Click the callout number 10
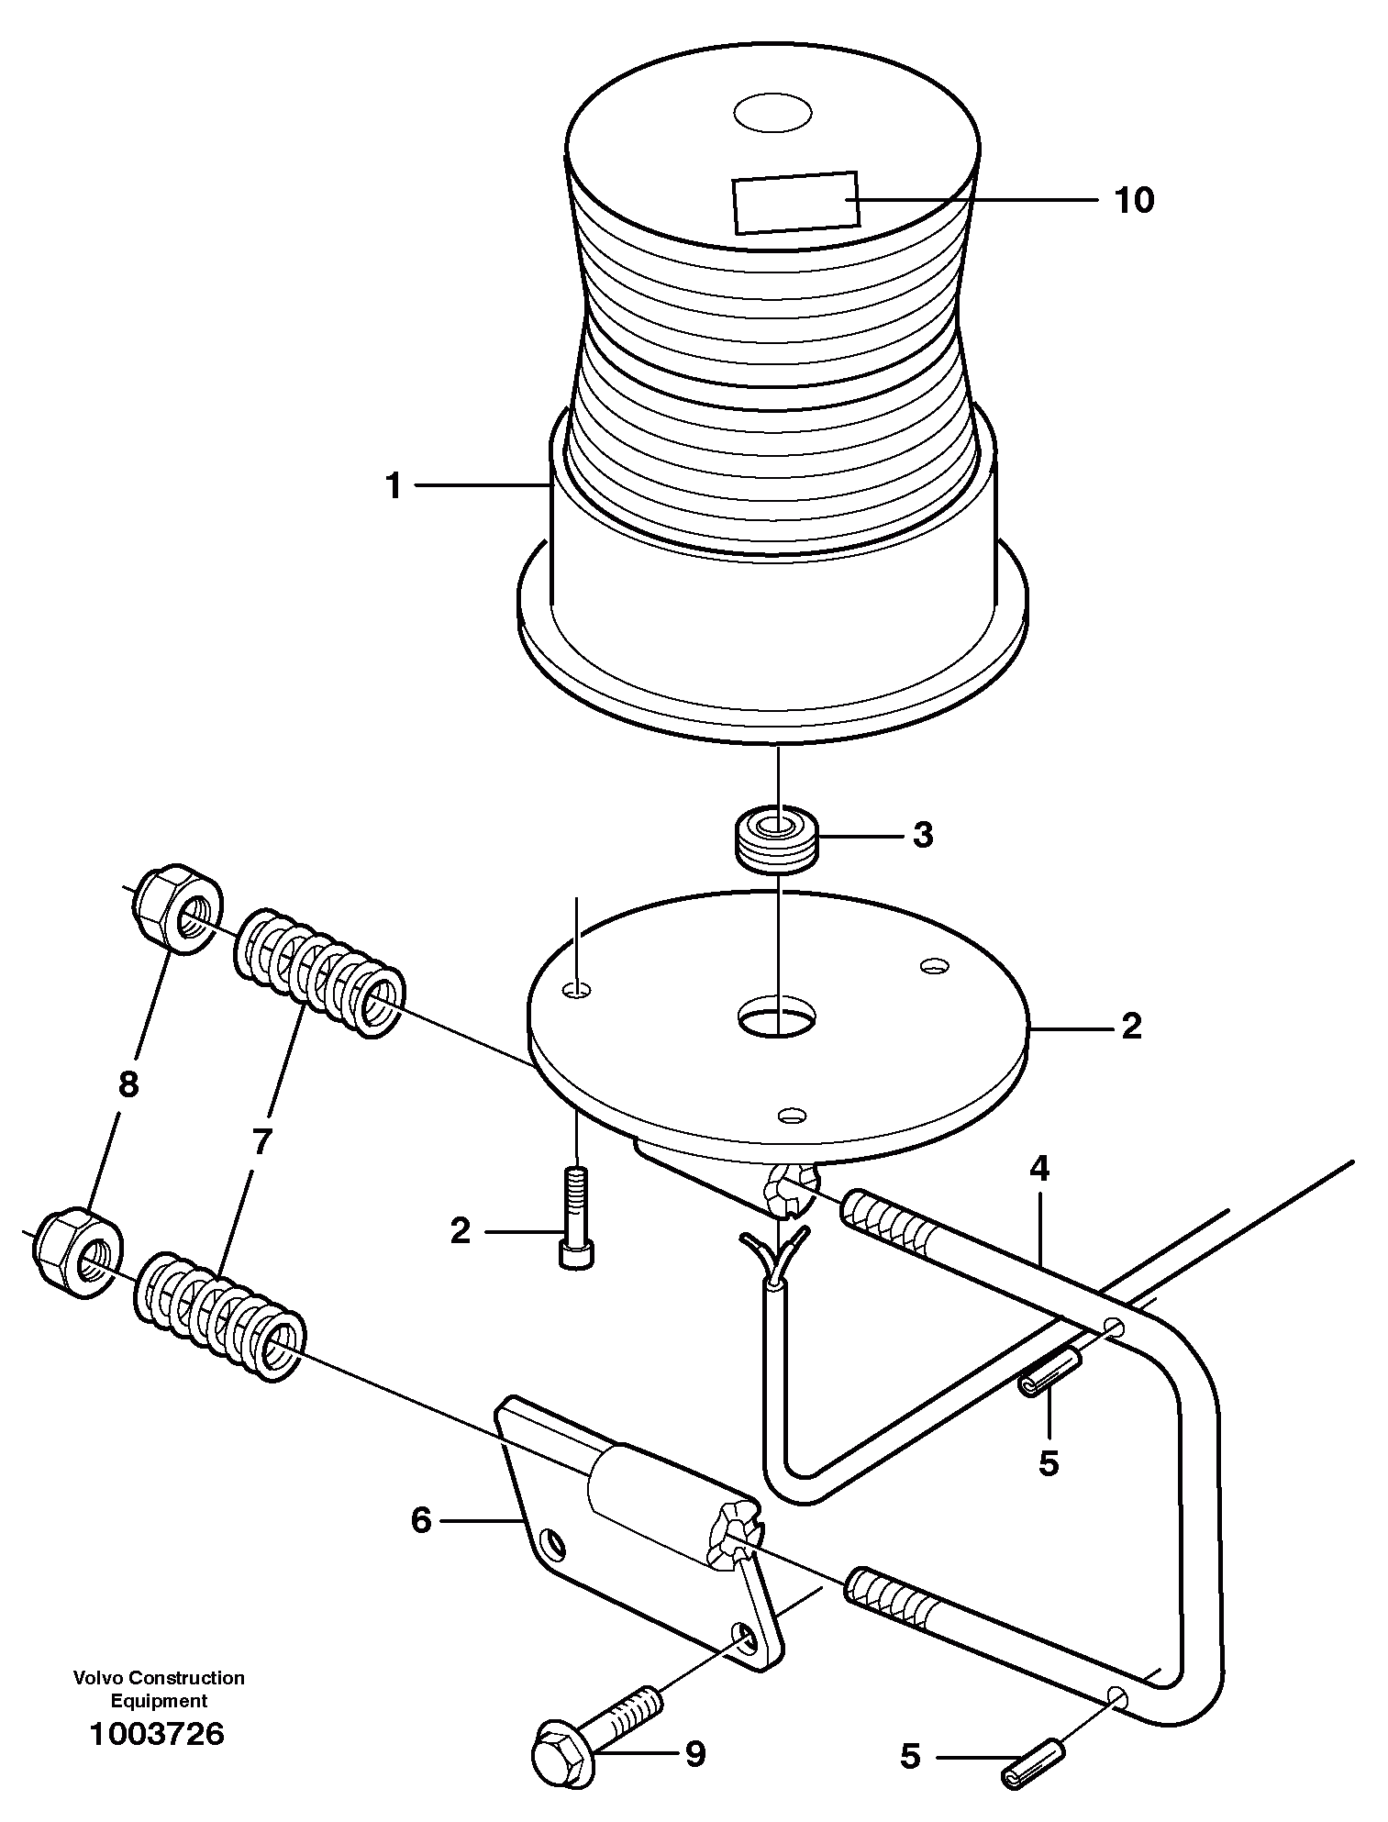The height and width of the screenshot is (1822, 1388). pos(1134,200)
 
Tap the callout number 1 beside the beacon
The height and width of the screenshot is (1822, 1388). pos(394,486)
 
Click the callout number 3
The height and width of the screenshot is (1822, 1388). pos(922,836)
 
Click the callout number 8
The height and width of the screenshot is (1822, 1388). pos(128,1085)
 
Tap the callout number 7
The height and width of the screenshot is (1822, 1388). pos(261,1143)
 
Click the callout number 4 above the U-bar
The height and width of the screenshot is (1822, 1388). pos(1038,1168)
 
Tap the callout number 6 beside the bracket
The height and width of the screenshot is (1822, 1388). pos(421,1521)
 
